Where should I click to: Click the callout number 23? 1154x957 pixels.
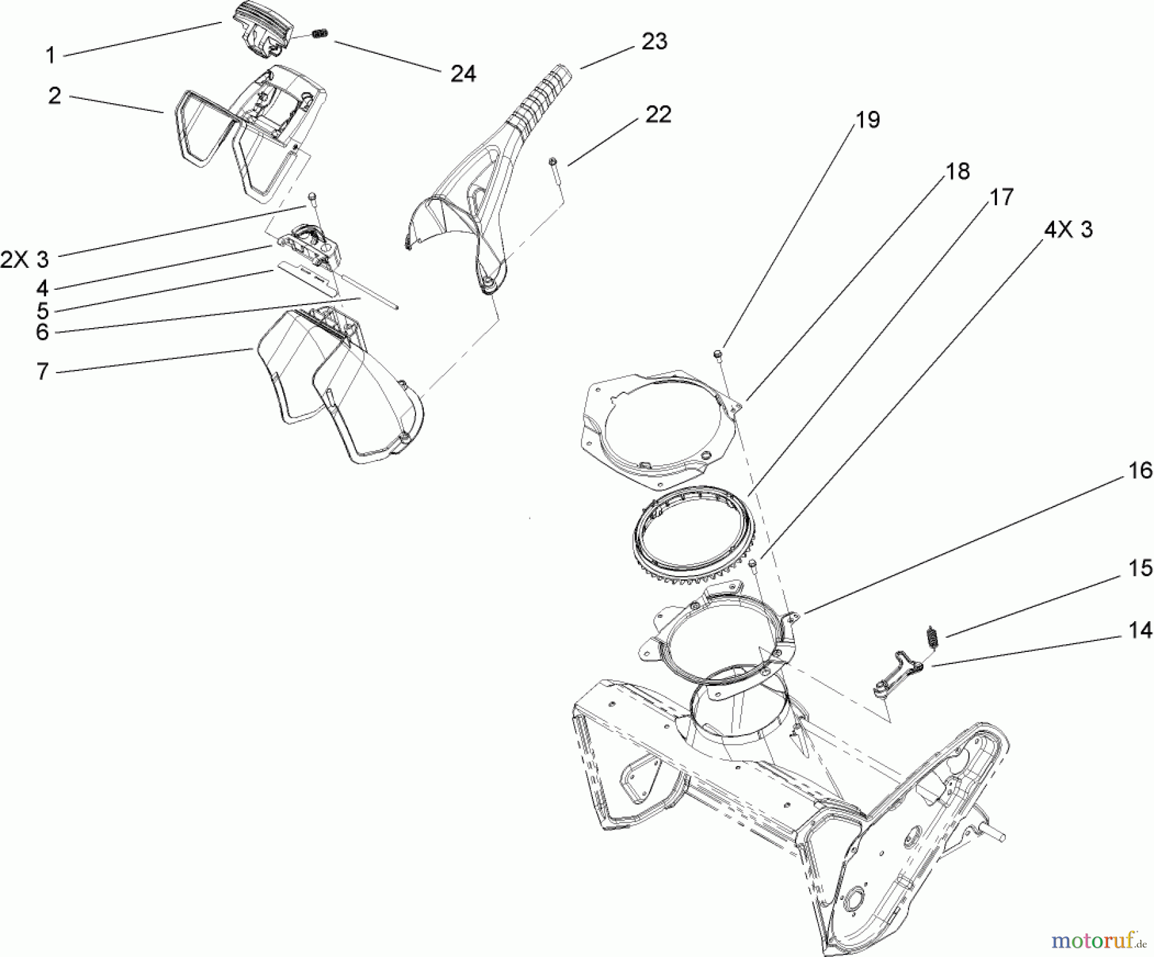[x=655, y=42]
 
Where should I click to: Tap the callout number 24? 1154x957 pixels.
[x=463, y=74]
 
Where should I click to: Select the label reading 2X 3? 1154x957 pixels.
[x=24, y=260]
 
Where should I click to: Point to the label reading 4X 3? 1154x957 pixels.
[x=1069, y=229]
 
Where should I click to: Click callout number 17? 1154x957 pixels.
[x=1001, y=197]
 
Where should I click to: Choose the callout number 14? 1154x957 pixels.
[x=1140, y=630]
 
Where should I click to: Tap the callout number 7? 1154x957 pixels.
[x=42, y=371]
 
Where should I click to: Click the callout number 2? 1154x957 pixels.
[x=54, y=96]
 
